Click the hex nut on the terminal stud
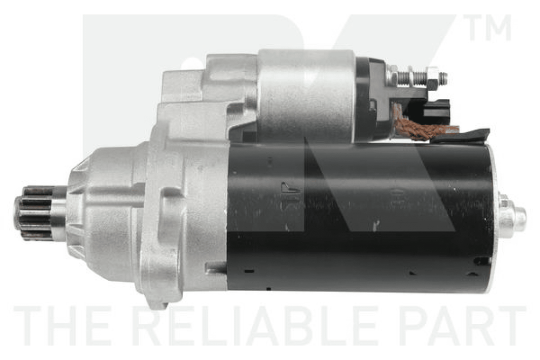coord(433,77)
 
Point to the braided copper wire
coord(420,126)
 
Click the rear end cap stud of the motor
coord(512,216)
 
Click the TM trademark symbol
coord(487,27)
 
